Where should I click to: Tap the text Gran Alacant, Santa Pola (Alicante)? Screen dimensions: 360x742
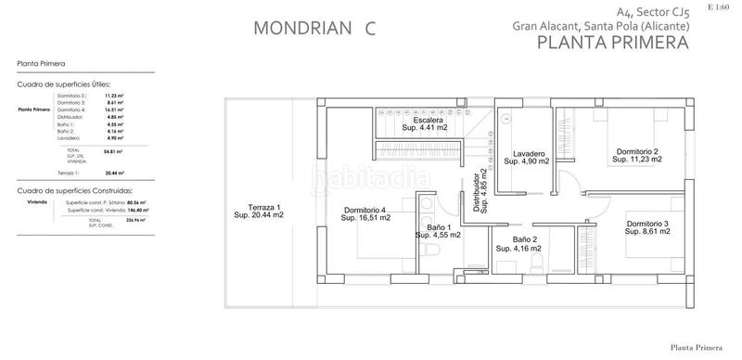pos(600,28)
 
